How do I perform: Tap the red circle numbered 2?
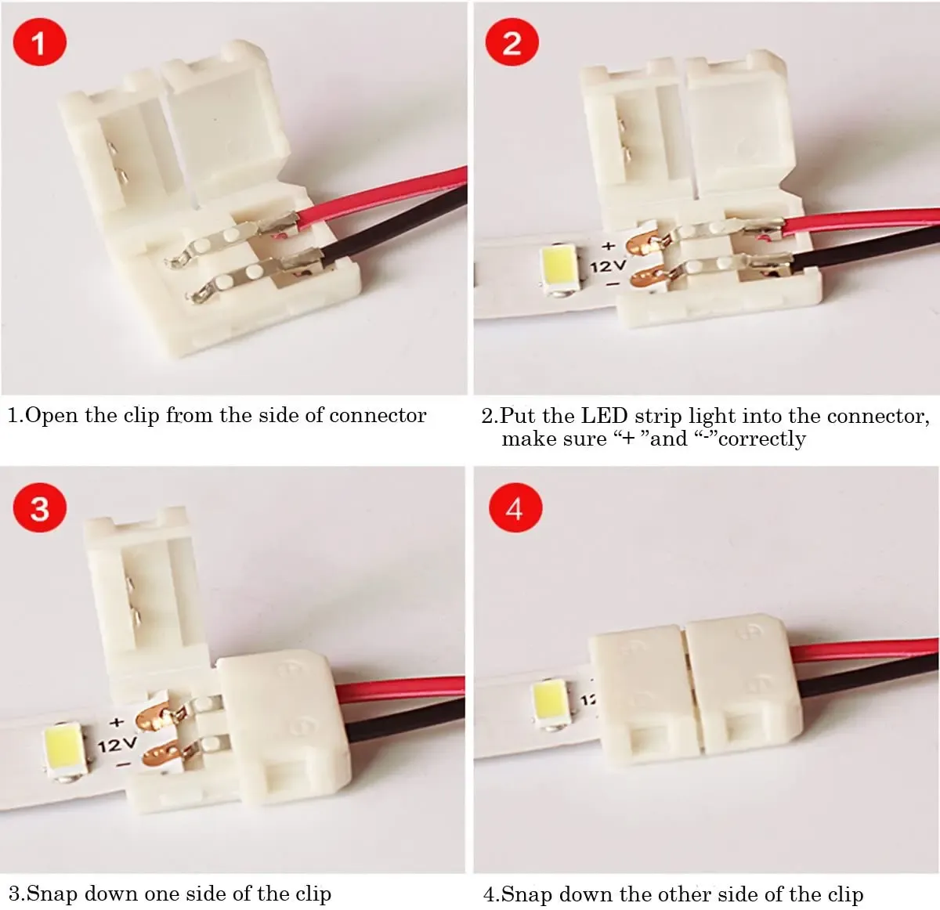512,42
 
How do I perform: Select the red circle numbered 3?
39,509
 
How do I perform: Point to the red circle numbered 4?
514,509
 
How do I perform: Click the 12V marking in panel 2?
608,266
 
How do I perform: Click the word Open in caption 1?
53,416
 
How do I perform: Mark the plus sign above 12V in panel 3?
117,722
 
